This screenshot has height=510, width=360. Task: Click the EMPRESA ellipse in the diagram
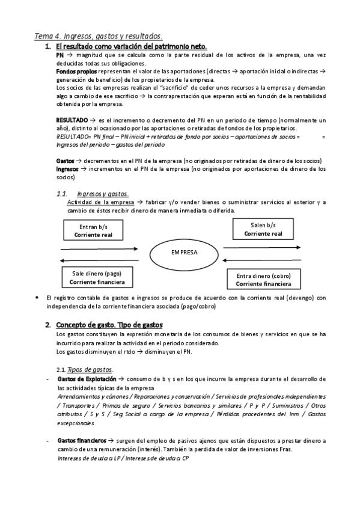(184, 253)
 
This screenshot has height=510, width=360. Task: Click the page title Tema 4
(97, 36)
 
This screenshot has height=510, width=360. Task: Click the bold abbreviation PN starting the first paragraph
(59, 55)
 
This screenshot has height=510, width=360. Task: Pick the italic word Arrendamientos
(83, 397)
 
